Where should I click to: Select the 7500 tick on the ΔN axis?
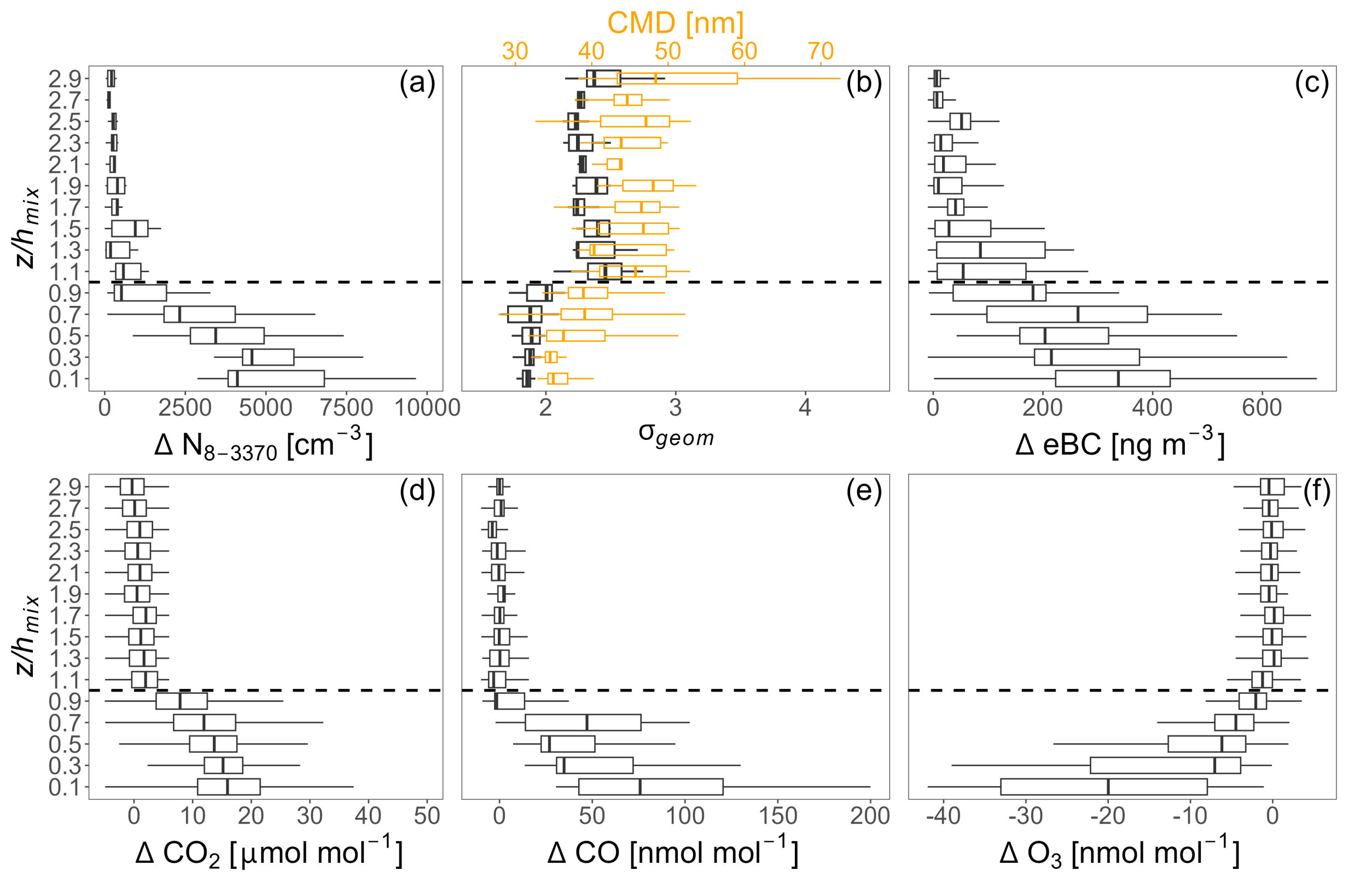347,408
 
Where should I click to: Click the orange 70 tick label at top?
820,51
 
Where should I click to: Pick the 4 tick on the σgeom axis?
805,408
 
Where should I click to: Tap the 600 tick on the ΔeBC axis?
1261,408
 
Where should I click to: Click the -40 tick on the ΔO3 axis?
943,816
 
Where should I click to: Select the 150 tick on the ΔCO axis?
778,816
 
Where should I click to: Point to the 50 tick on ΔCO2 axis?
426,816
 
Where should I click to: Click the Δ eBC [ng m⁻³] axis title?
1119,445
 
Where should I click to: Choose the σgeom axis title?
676,436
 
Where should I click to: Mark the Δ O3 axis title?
1119,853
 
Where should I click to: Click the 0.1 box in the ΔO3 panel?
1103,787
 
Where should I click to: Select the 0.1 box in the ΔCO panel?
650,787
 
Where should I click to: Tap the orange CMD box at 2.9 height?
677,78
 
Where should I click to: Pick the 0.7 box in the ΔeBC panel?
1067,314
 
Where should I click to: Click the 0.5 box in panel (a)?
227,335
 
